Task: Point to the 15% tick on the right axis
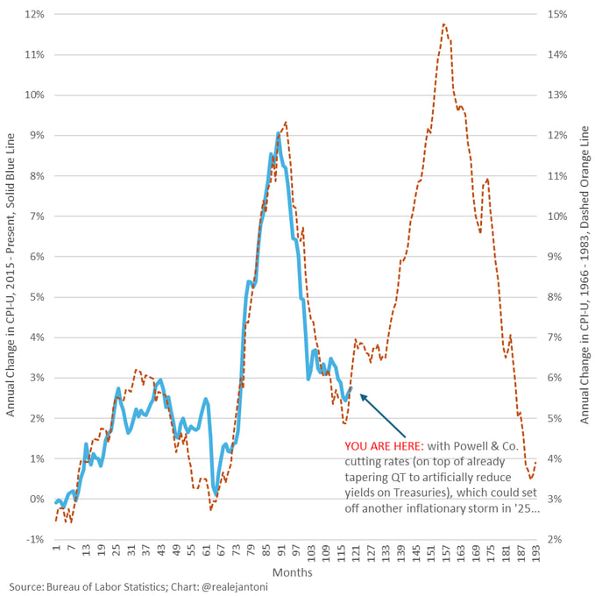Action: (558, 14)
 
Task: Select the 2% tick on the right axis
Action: (558, 539)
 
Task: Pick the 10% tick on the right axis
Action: (558, 216)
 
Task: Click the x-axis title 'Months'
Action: (294, 571)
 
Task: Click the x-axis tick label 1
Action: (55, 552)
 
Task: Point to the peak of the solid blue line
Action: (278, 133)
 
